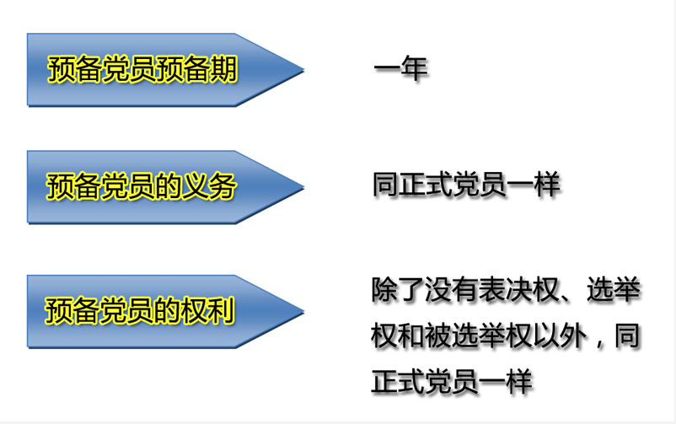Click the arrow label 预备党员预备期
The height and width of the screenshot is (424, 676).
click(x=142, y=69)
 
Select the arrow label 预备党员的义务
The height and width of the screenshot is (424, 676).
click(x=142, y=186)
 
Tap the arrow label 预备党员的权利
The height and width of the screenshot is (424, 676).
click(x=140, y=310)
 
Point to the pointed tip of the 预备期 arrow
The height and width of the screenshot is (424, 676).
click(x=304, y=70)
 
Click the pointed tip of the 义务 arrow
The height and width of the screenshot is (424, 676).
click(x=304, y=187)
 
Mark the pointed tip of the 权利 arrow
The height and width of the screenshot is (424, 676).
click(x=304, y=311)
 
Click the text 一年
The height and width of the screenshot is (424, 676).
click(x=400, y=68)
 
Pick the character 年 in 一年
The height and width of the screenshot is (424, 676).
click(x=415, y=68)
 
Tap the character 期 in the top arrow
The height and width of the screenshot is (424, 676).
click(x=224, y=69)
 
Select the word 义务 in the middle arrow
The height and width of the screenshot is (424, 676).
click(x=210, y=186)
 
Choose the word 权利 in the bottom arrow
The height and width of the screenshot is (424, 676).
click(x=209, y=310)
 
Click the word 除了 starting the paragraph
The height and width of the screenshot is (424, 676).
click(x=398, y=289)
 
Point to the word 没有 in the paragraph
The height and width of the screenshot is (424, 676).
click(x=452, y=289)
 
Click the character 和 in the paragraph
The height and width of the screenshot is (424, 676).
click(x=411, y=336)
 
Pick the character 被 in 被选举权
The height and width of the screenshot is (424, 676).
click(x=438, y=336)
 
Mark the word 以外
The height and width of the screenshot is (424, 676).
click(x=560, y=336)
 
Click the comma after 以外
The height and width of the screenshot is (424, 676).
click(x=599, y=343)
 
